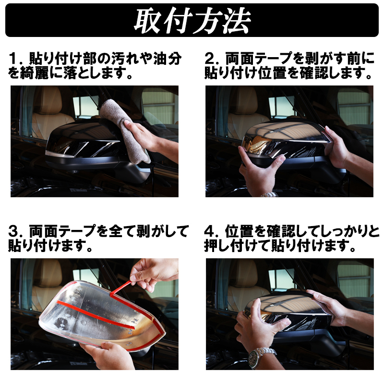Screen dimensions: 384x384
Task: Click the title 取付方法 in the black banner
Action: tap(192, 20)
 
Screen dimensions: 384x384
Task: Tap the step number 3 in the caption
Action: tap(13, 231)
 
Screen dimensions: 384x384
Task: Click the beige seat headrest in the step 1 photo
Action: tap(48, 100)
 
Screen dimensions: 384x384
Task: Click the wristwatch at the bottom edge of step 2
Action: tap(268, 195)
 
